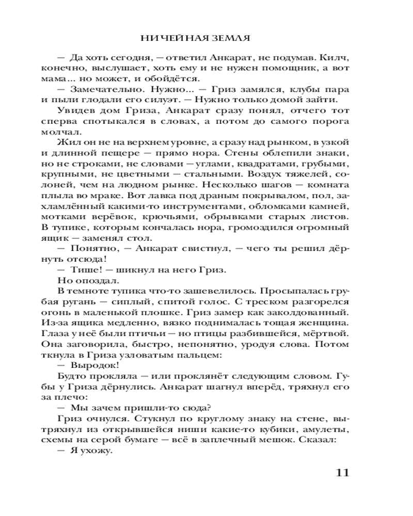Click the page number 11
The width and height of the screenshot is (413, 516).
342,474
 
